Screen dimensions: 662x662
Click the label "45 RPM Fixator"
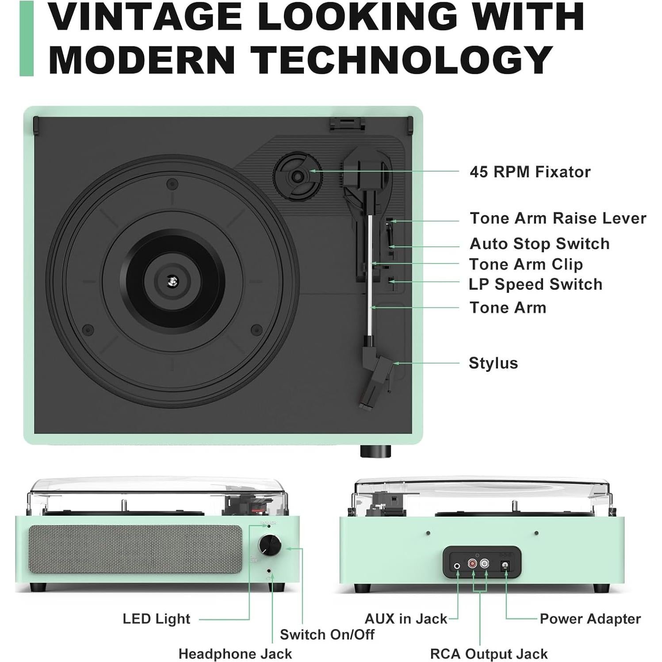click(x=530, y=172)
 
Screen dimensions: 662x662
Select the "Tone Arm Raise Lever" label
click(x=558, y=218)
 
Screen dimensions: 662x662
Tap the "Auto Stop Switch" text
click(x=540, y=244)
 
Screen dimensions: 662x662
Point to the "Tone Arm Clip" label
click(x=526, y=264)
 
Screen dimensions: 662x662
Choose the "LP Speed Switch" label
click(x=536, y=284)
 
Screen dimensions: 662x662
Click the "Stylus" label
click(x=493, y=363)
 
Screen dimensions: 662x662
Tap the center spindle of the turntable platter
click(x=172, y=280)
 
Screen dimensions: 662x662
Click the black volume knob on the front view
click(x=269, y=545)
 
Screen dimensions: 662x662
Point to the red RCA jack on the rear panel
click(x=472, y=564)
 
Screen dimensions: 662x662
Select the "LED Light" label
click(x=157, y=619)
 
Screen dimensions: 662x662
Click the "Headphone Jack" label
click(x=235, y=654)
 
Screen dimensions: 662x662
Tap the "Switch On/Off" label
click(x=327, y=635)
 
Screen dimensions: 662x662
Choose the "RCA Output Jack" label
click(x=489, y=654)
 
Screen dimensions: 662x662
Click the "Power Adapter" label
click(x=590, y=619)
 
